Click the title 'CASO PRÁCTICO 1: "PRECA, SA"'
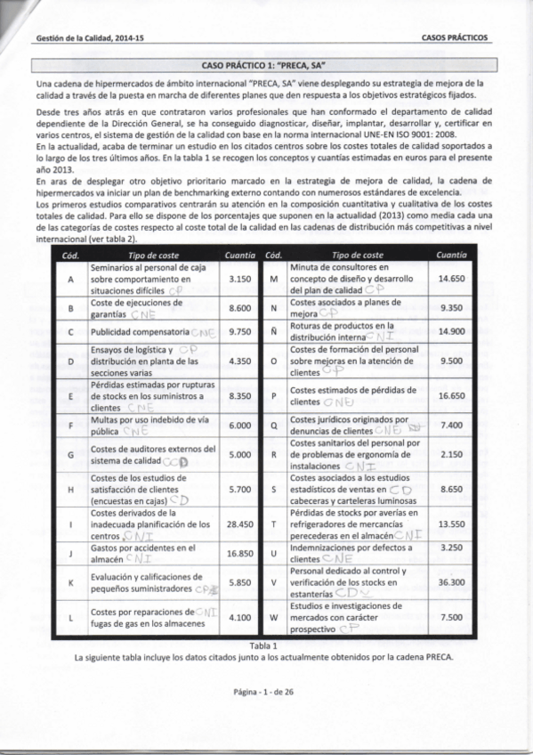[x=266, y=65]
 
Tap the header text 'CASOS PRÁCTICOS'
[x=455, y=38]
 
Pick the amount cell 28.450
[x=240, y=524]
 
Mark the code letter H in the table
[x=69, y=489]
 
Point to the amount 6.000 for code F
[x=240, y=426]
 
